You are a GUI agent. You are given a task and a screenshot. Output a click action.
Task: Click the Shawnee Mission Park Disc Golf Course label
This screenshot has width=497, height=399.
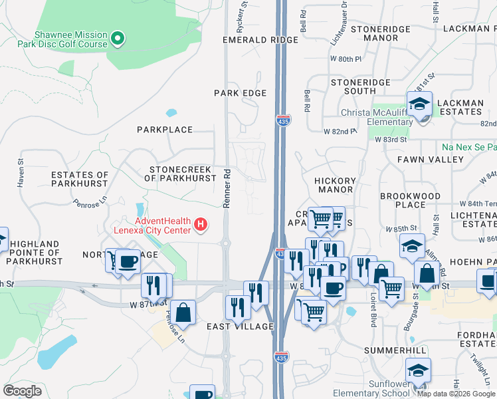point(71,39)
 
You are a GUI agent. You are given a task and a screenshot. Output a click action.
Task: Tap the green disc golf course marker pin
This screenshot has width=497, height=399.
point(118,39)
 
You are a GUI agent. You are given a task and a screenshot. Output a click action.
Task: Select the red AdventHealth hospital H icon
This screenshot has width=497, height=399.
point(201,226)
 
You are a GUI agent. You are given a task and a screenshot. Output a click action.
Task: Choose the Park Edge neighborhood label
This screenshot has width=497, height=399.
point(240,93)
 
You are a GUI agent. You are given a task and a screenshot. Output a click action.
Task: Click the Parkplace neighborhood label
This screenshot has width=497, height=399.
point(165,130)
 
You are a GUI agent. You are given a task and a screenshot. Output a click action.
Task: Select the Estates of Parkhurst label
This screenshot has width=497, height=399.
point(80,179)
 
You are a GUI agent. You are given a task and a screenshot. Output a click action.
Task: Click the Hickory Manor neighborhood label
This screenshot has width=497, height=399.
point(335,185)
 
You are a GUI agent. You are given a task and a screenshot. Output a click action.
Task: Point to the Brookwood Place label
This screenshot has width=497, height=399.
point(410,201)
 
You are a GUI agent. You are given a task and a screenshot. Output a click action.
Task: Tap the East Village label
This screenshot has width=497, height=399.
point(240,327)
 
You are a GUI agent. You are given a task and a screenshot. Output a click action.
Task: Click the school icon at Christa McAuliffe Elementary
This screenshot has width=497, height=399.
point(420,105)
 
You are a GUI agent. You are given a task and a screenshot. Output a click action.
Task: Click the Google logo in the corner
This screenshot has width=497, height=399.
point(23,391)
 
